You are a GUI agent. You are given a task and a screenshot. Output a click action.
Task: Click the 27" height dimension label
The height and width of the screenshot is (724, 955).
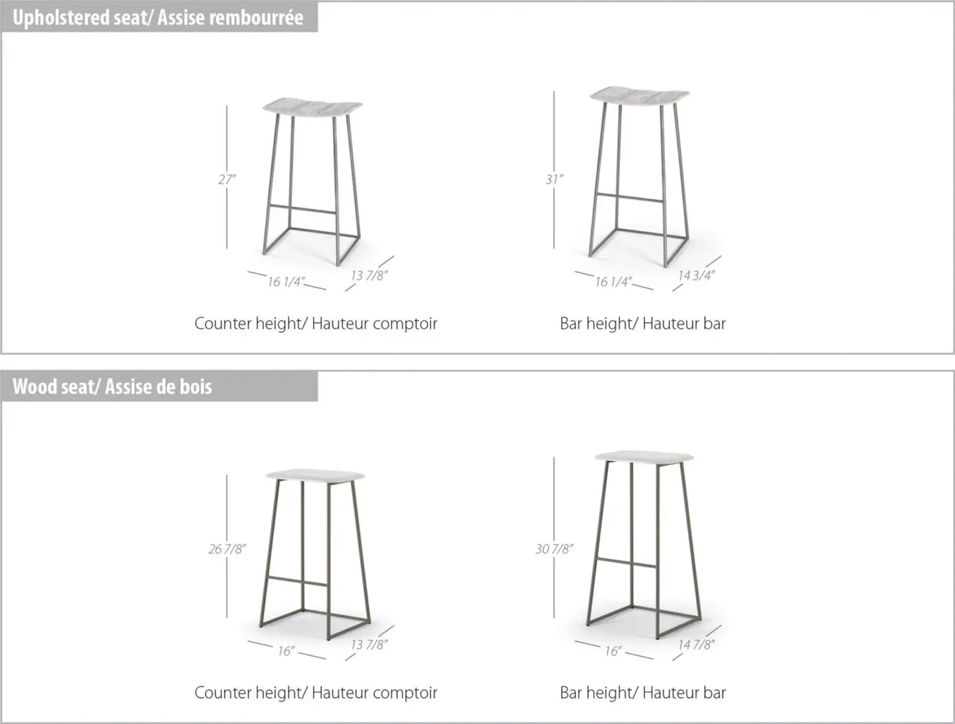(227, 179)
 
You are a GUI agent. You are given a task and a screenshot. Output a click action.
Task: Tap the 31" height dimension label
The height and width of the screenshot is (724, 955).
(554, 179)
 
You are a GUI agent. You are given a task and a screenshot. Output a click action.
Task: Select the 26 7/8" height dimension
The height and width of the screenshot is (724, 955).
(227, 549)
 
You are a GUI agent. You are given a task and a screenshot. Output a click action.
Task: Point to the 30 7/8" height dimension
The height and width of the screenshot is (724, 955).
(554, 549)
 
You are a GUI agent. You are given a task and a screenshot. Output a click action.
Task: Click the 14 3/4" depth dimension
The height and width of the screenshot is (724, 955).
(696, 275)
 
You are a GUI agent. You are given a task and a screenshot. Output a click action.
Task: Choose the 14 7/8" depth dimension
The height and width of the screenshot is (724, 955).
(696, 645)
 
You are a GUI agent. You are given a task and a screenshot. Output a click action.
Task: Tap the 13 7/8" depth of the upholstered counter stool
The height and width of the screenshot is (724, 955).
(369, 275)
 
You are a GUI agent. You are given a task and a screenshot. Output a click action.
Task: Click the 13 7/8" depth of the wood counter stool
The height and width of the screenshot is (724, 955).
(369, 645)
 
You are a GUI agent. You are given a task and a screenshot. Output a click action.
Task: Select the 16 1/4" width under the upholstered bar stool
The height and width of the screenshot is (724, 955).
(613, 282)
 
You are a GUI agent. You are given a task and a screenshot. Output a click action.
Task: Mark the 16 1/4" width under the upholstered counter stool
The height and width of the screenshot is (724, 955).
(286, 282)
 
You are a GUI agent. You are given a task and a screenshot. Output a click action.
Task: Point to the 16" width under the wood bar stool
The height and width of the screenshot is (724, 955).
(613, 651)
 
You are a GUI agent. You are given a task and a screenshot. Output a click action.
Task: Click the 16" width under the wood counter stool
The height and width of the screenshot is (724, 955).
(286, 651)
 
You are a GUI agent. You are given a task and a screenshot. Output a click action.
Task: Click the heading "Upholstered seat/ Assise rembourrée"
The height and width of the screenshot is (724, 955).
(158, 18)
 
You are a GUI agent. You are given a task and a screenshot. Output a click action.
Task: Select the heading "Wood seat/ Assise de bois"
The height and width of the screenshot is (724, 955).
(112, 386)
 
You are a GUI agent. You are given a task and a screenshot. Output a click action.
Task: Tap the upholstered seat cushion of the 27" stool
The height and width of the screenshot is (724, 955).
(313, 108)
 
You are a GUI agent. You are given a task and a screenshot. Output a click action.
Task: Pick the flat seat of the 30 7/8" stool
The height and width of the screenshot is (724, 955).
(644, 457)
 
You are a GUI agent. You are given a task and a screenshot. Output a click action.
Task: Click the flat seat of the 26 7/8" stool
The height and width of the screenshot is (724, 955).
(315, 475)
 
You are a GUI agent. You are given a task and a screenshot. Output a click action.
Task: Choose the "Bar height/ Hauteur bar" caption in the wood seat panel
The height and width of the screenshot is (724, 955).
(642, 693)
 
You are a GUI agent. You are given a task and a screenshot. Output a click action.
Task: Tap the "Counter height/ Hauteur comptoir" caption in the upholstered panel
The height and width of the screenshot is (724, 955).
(316, 324)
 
